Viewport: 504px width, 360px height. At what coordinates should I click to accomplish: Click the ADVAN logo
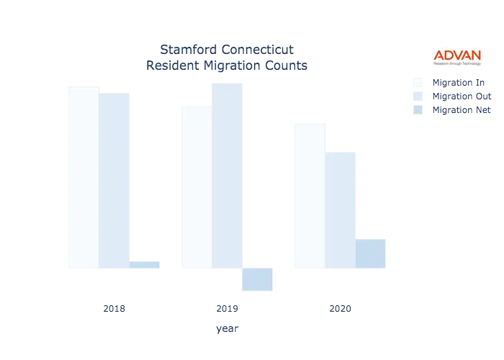coord(457,58)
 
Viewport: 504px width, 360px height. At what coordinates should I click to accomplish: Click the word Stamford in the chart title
coord(183,50)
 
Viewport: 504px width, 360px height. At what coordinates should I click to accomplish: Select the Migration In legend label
coord(461,81)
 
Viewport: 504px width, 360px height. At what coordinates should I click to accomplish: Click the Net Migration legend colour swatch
coord(418,110)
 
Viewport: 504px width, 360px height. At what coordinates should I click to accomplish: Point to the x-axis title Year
coord(225,329)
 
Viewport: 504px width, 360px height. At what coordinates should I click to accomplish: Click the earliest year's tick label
coord(114,310)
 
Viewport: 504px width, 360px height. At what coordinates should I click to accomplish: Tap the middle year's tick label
coord(227,310)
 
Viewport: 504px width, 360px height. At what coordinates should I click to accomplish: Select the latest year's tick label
coord(339,310)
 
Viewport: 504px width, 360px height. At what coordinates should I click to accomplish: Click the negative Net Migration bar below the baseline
coord(258,279)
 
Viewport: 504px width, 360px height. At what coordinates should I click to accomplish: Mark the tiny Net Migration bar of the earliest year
coord(145,265)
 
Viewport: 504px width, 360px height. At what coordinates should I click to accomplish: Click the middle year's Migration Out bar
coord(228,176)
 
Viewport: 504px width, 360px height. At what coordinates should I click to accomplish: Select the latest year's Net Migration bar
coord(370,253)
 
